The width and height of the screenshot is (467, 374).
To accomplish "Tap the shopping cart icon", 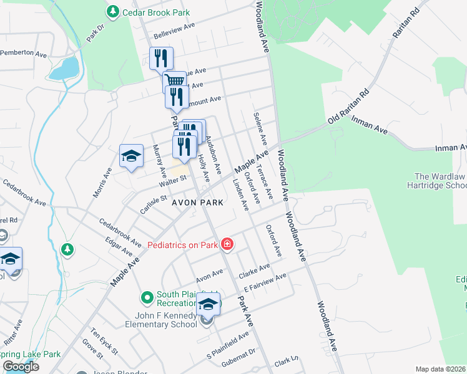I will click(175, 80).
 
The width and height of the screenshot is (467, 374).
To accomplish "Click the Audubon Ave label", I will click(214, 155).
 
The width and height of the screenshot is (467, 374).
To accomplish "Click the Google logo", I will click(20, 367).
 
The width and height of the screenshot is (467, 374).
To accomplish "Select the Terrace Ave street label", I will click(266, 184).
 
